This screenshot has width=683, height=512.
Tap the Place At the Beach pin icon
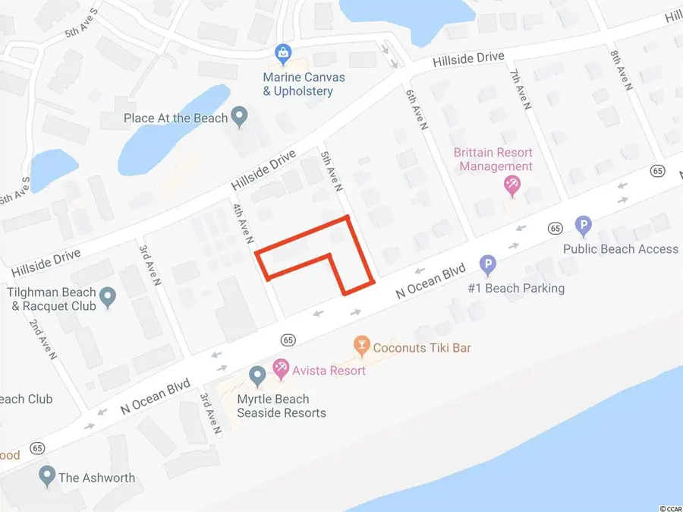(240, 118)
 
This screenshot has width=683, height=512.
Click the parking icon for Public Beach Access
(583, 226)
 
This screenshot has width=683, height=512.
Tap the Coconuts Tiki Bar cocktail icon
(361, 346)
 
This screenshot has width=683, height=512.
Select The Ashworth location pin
(47, 476)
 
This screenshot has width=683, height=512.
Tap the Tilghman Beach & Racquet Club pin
(108, 299)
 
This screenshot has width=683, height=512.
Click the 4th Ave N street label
(241, 223)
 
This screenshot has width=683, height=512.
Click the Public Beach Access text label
(620, 249)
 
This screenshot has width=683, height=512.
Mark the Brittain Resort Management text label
(493, 160)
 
